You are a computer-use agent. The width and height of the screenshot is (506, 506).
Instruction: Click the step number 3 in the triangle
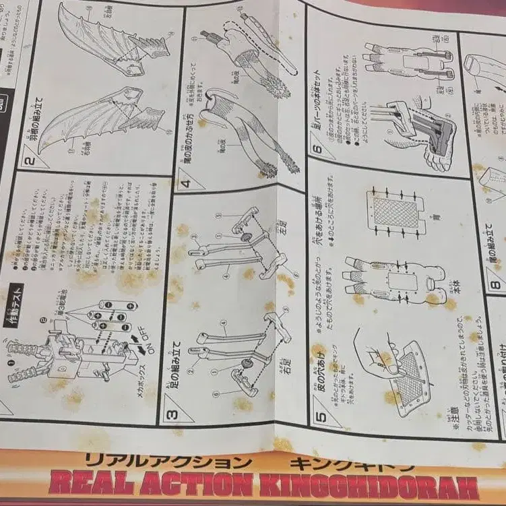tap(172, 413)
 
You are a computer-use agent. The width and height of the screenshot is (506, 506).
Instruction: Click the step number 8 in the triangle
tap(495, 284)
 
